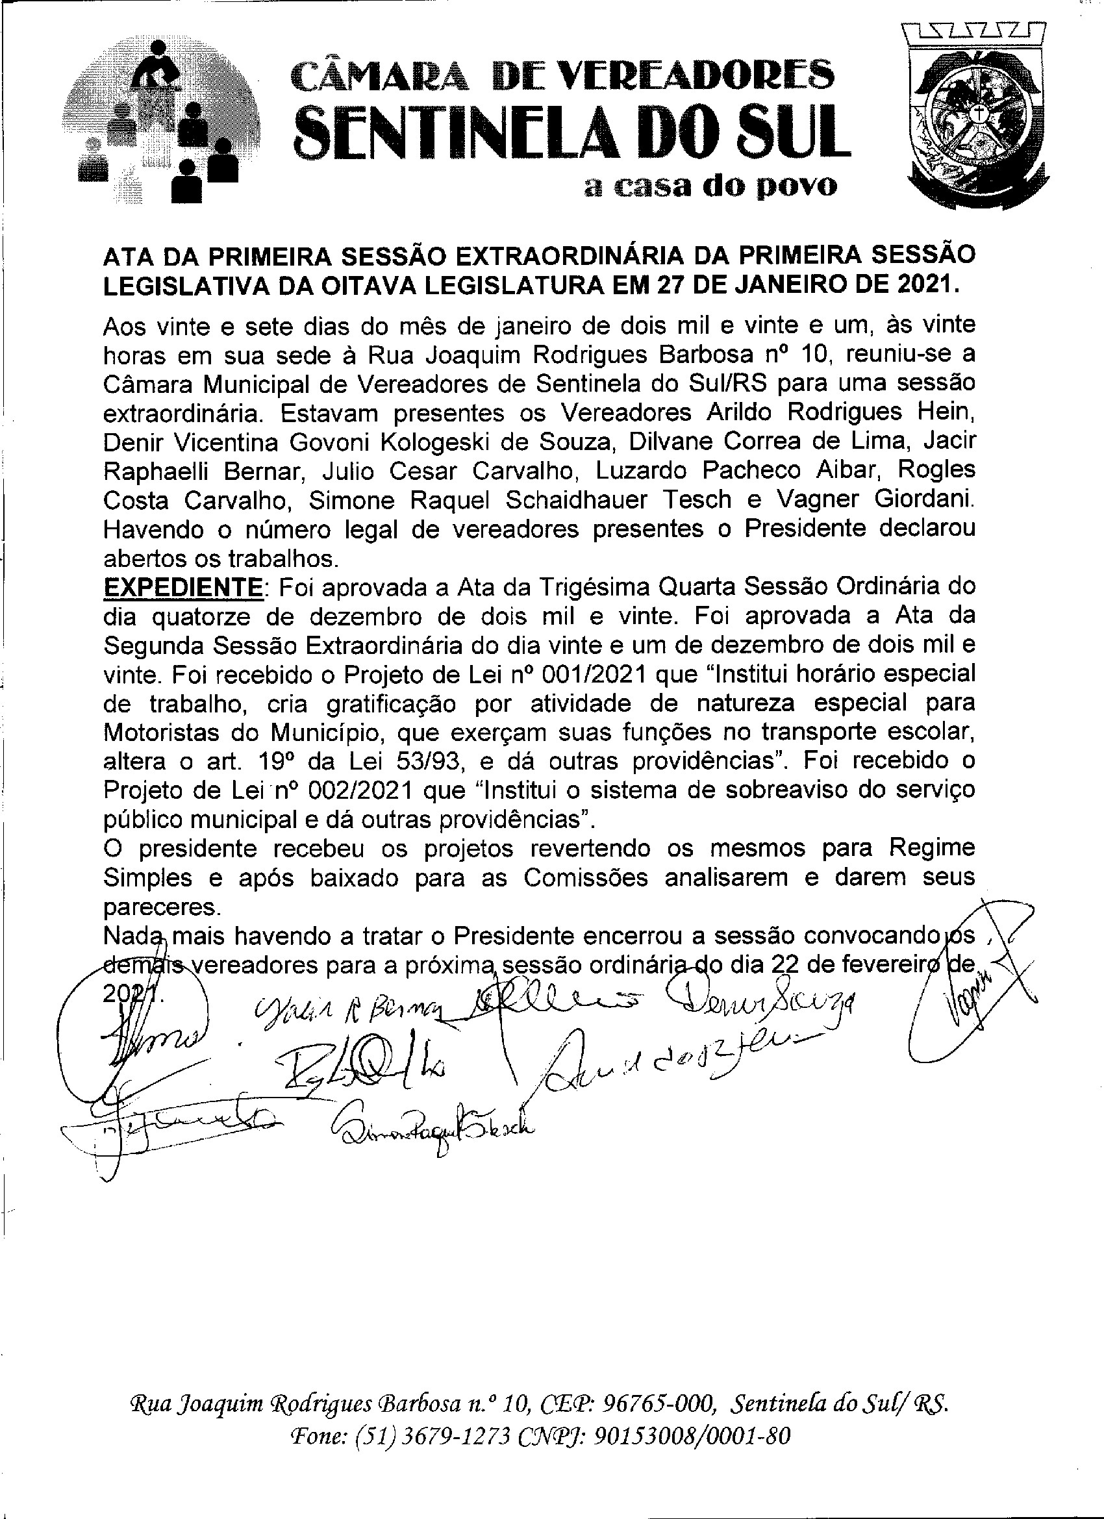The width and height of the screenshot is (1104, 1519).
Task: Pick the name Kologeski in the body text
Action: click(x=442, y=442)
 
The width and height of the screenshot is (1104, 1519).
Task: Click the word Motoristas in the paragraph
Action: click(x=162, y=733)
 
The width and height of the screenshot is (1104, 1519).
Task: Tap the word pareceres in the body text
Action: click(x=162, y=907)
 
